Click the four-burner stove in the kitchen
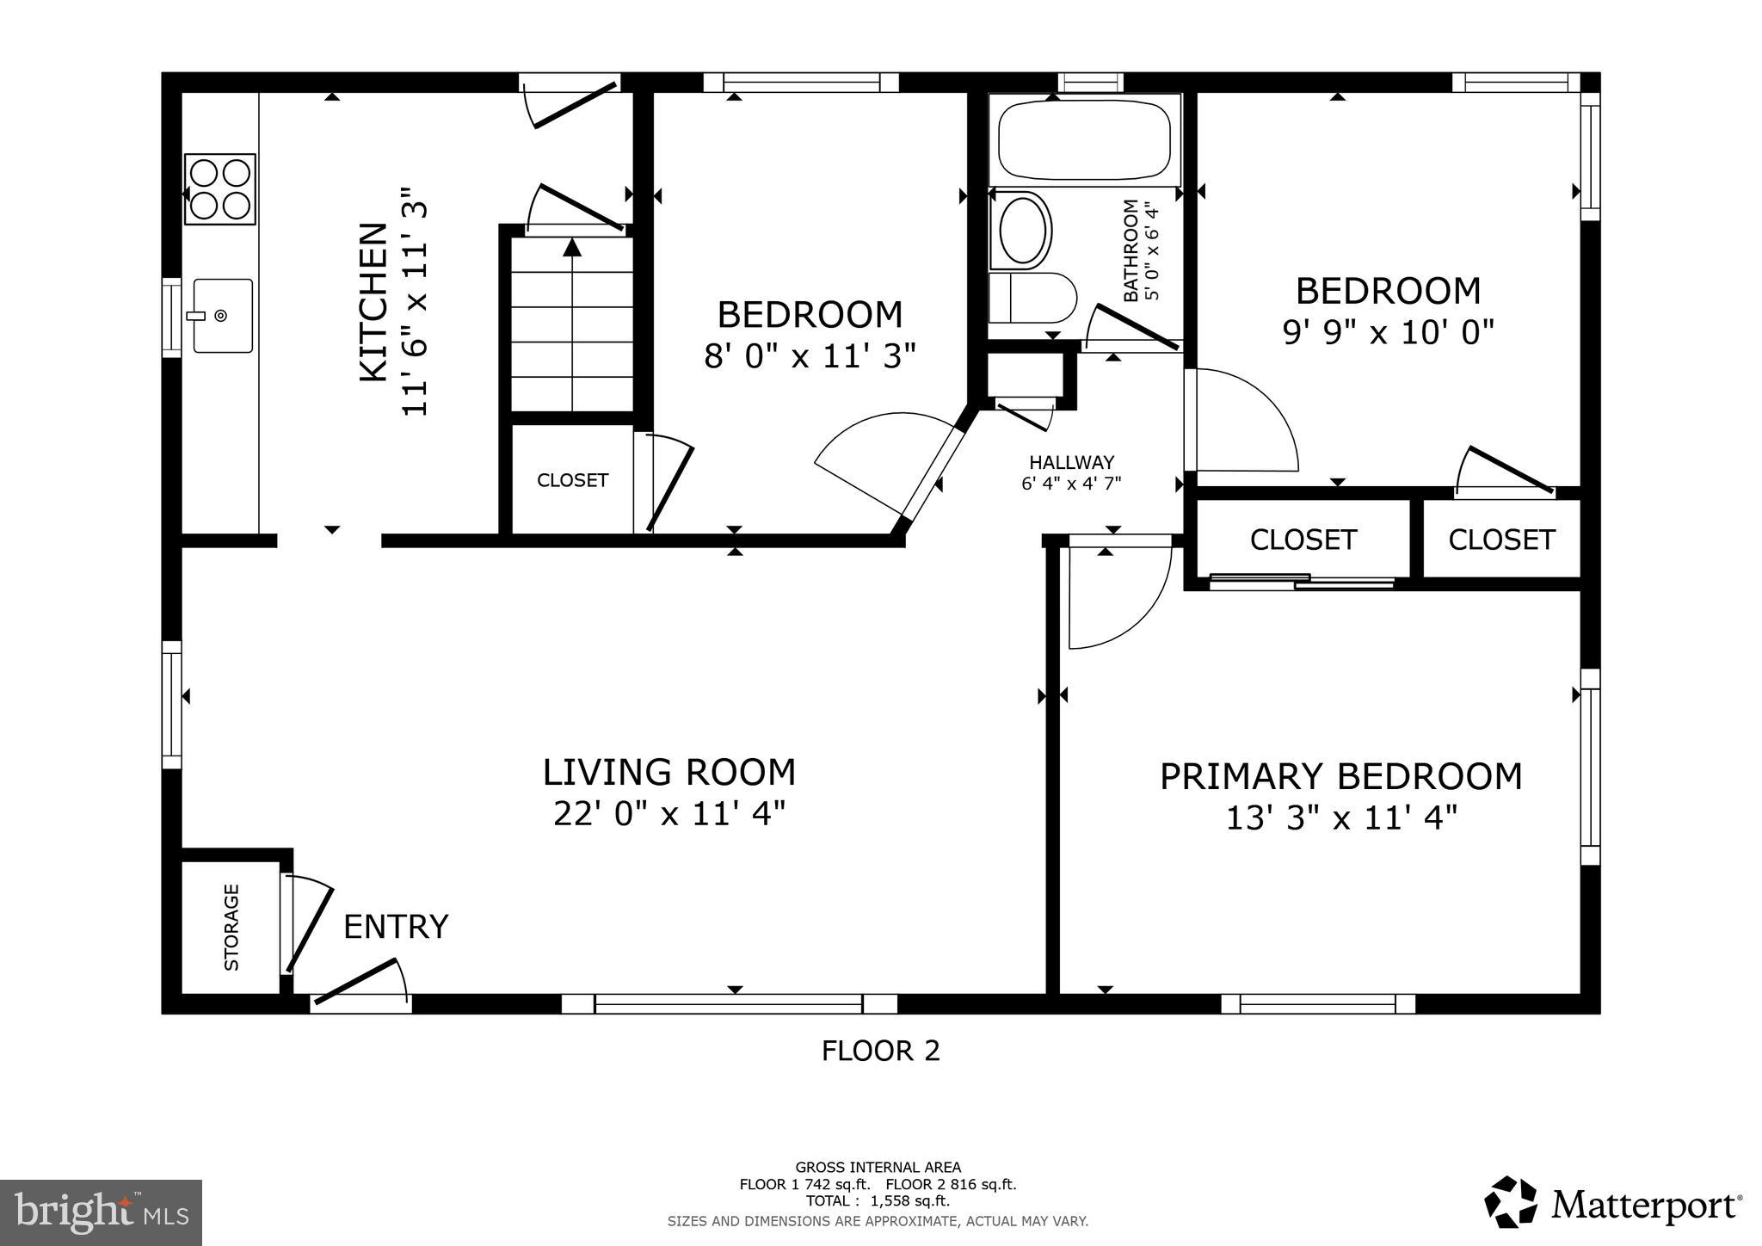(x=220, y=189)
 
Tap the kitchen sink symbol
(x=222, y=316)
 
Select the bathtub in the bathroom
(x=1084, y=140)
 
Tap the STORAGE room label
(x=231, y=927)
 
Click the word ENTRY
(x=396, y=927)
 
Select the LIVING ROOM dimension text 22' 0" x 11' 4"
(x=669, y=813)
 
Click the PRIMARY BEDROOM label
(x=1340, y=776)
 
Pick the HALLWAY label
(x=1071, y=462)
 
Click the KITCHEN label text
(x=373, y=302)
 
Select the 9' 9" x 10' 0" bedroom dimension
(x=1388, y=331)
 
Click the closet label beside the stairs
(x=572, y=480)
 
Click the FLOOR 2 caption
(x=880, y=1051)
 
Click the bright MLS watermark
(x=101, y=1212)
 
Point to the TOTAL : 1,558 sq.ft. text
(x=878, y=1201)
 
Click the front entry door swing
(x=361, y=984)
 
